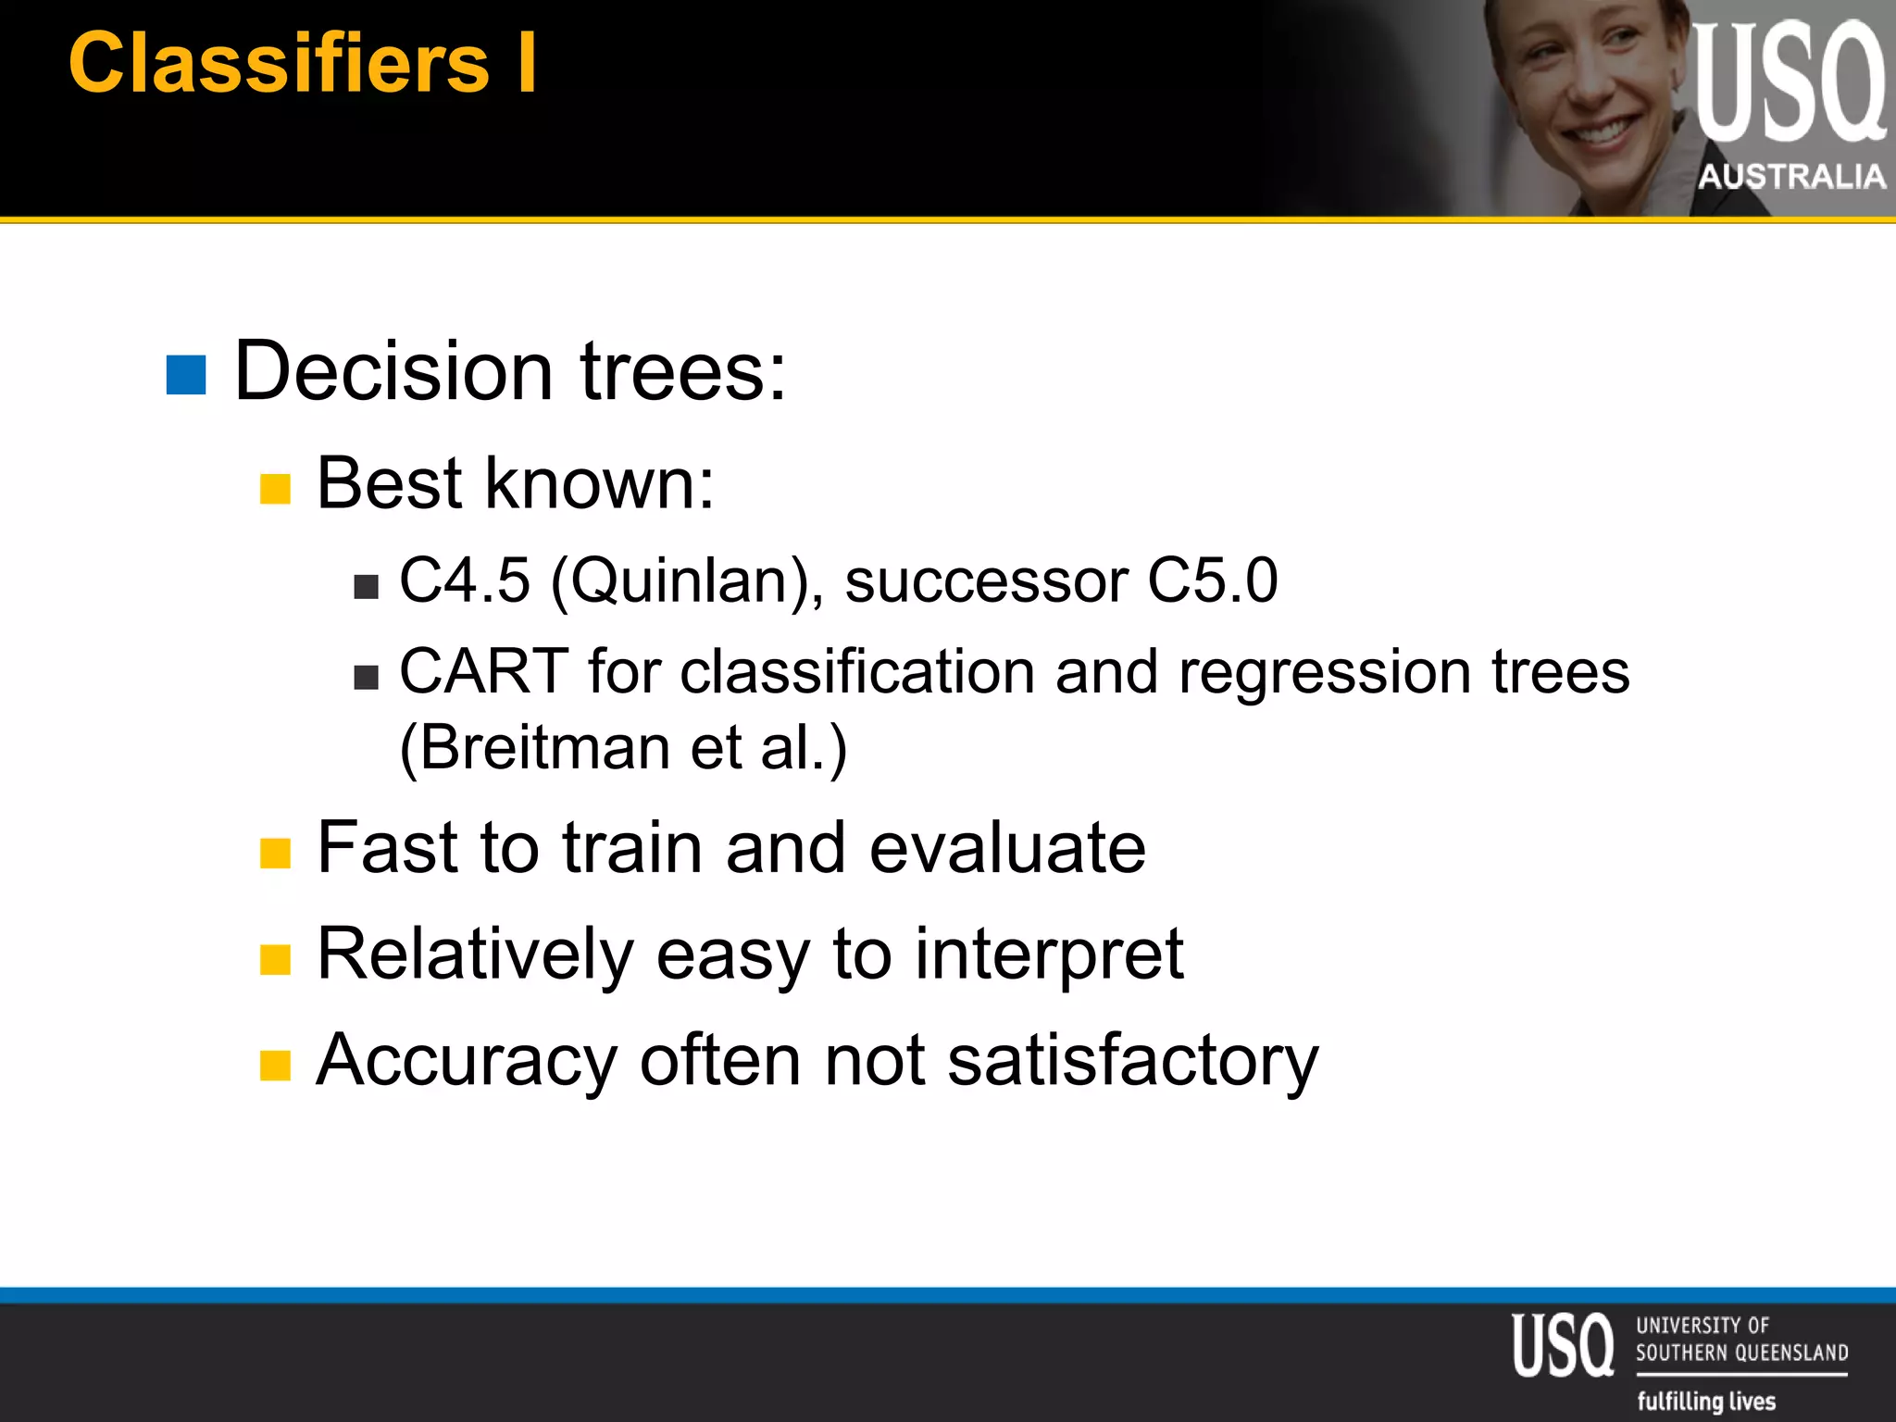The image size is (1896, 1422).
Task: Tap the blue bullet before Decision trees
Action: (186, 375)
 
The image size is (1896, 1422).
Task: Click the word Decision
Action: (394, 371)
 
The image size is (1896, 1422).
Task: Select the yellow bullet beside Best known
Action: (275, 489)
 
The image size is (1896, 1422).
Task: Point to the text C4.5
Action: (465, 581)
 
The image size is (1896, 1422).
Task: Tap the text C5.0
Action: (1212, 581)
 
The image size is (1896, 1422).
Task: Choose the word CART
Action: (483, 671)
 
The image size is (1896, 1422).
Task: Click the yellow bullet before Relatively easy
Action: (275, 960)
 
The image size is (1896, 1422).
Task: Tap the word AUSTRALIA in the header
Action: (1791, 176)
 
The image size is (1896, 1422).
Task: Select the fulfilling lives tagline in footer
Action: (1706, 1401)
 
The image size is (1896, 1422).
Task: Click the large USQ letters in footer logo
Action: (1563, 1345)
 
